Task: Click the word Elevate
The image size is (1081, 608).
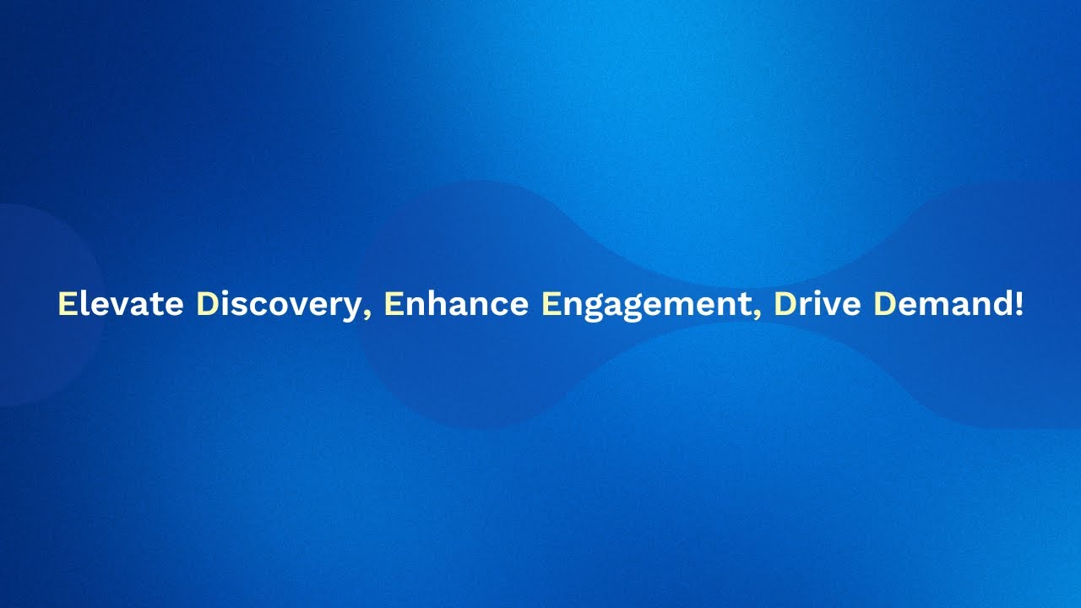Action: coord(120,304)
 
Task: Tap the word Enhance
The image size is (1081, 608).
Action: coord(456,304)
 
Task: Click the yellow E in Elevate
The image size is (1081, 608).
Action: coord(67,304)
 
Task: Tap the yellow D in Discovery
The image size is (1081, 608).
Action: coord(208,304)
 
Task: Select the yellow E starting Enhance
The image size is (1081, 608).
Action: coord(393,304)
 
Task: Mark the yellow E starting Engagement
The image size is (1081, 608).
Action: coord(551,304)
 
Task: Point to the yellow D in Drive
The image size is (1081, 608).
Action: coord(785,304)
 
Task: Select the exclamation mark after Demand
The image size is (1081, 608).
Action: coord(1018,304)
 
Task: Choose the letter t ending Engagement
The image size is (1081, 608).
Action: coord(745,305)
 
